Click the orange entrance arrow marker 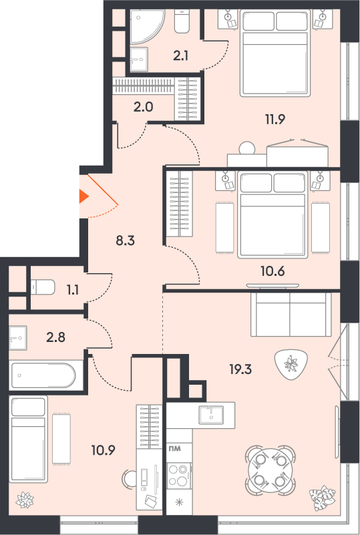tap(83, 196)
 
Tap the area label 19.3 tap(240, 369)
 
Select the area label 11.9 tap(275, 119)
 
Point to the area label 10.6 tap(273, 272)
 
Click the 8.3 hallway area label tap(126, 240)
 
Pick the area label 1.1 tap(73, 290)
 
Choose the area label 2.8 tap(55, 337)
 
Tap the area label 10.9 tap(103, 450)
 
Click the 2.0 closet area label tap(144, 107)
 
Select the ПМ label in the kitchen tap(175, 448)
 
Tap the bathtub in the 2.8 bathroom tap(43, 375)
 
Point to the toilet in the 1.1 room tap(43, 287)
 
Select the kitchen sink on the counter tap(211, 415)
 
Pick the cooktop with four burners tap(179, 476)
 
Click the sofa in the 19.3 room tap(291, 315)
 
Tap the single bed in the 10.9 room tap(28, 439)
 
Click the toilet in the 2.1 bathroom tap(182, 21)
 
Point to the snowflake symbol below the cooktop tap(179, 502)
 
